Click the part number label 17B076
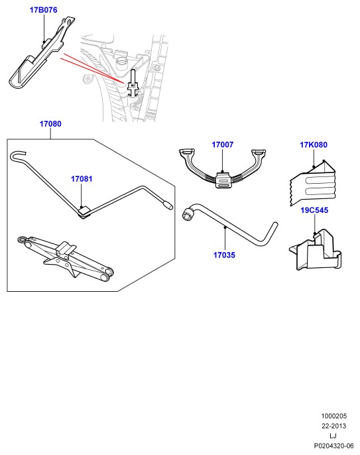click(x=44, y=10)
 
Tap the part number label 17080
click(x=50, y=124)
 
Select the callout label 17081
click(x=82, y=179)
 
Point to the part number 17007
click(x=223, y=145)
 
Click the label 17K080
click(x=314, y=145)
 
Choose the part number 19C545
click(x=314, y=210)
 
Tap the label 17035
click(x=224, y=255)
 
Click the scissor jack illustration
click(x=66, y=257)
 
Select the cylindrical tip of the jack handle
click(x=168, y=204)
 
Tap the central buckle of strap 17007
click(x=223, y=180)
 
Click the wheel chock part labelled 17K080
click(x=313, y=183)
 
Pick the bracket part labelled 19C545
click(x=316, y=250)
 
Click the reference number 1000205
click(x=334, y=416)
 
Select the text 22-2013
click(x=334, y=426)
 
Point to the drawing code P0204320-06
click(x=334, y=446)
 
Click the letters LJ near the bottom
click(x=333, y=436)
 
